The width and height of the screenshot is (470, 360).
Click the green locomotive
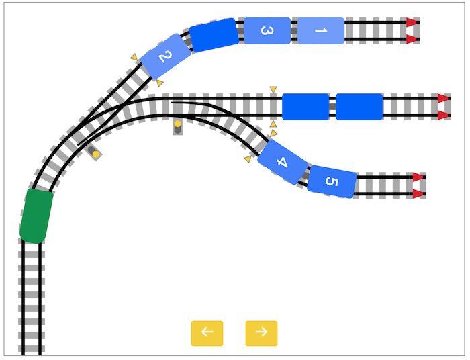click(x=36, y=216)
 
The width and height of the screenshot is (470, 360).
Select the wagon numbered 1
click(x=321, y=31)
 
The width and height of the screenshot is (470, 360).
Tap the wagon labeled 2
click(x=166, y=56)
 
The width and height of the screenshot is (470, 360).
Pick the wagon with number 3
click(x=267, y=31)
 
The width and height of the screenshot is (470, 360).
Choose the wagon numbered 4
click(x=283, y=162)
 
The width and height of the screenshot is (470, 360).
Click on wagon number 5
click(x=332, y=181)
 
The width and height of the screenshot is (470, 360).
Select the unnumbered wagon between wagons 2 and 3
click(x=214, y=35)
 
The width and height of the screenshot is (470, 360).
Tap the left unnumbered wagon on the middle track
click(x=305, y=107)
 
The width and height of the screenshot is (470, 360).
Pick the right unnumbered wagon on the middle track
click(x=359, y=107)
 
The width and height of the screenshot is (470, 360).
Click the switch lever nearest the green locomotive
click(x=94, y=152)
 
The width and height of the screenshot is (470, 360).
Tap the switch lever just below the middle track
click(x=177, y=127)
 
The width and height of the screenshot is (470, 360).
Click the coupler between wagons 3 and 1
click(x=294, y=31)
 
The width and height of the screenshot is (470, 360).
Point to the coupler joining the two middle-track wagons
click(x=332, y=107)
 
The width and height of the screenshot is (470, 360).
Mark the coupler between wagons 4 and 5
click(x=306, y=175)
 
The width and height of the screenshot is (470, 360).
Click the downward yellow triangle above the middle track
click(x=273, y=89)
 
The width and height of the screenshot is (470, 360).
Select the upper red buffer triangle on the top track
click(x=412, y=22)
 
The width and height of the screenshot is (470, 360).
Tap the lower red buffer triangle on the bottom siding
click(x=418, y=194)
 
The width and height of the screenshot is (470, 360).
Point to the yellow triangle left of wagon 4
click(x=248, y=159)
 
